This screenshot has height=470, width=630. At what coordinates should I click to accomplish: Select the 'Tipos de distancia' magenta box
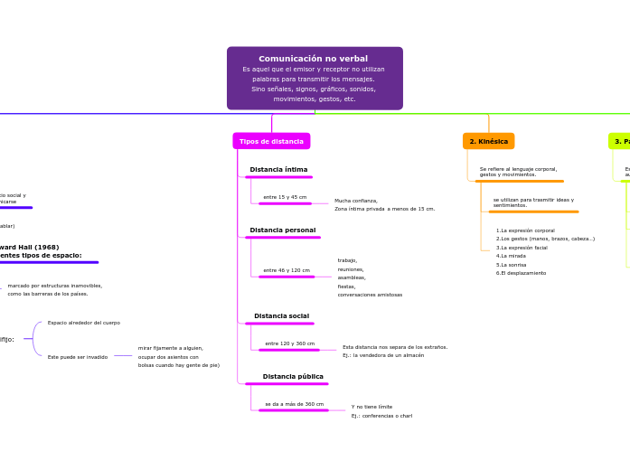click(271, 142)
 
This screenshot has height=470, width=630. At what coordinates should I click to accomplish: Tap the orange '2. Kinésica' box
click(488, 142)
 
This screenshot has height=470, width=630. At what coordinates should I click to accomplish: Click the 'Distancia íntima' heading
click(278, 170)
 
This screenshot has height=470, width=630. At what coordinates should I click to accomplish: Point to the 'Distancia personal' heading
click(282, 230)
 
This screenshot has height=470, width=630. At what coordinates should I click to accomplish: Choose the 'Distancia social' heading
click(281, 316)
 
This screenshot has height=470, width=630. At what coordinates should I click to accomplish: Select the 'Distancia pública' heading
click(293, 377)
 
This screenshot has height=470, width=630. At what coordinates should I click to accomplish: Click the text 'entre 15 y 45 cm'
click(285, 197)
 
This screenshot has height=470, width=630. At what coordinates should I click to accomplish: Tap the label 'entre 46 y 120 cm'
click(287, 270)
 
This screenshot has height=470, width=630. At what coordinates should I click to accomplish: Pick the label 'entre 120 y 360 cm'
click(289, 343)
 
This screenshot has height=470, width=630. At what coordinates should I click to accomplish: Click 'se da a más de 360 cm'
click(294, 404)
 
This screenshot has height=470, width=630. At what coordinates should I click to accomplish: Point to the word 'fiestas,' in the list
click(347, 287)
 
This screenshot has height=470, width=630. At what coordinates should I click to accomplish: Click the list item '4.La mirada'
click(511, 256)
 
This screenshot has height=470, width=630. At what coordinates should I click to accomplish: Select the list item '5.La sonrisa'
click(511, 265)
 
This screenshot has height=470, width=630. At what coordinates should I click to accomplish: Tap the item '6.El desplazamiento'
click(521, 273)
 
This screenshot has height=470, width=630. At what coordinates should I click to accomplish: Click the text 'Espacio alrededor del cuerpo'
click(84, 323)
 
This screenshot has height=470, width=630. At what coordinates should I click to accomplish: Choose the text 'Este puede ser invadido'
click(78, 357)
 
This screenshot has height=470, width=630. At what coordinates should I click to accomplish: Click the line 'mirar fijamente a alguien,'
click(171, 348)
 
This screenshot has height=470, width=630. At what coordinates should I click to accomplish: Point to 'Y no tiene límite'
click(371, 407)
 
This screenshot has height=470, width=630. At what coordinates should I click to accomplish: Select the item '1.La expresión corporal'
click(525, 230)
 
